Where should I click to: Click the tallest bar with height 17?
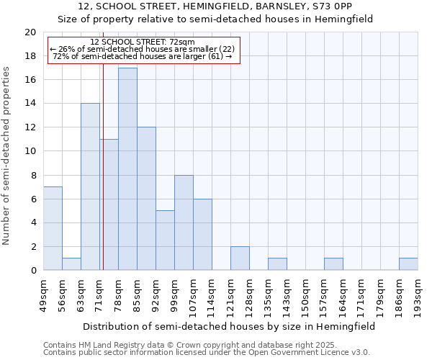click(x=127, y=169)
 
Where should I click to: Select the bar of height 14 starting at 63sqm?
click(x=90, y=187)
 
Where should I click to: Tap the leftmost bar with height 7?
click(x=53, y=228)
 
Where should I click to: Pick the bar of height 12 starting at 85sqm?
click(x=146, y=199)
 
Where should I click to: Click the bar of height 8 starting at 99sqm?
click(x=184, y=222)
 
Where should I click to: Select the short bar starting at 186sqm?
click(x=408, y=264)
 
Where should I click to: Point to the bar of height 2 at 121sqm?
click(x=240, y=258)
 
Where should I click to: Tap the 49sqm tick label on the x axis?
click(x=43, y=293)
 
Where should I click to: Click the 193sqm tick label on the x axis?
click(x=418, y=293)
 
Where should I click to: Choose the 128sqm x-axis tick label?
click(x=250, y=293)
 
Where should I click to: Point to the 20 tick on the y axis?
click(x=30, y=32)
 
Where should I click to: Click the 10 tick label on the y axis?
click(x=30, y=151)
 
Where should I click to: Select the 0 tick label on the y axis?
click(x=33, y=271)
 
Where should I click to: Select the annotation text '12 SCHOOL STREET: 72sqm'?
click(x=143, y=42)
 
